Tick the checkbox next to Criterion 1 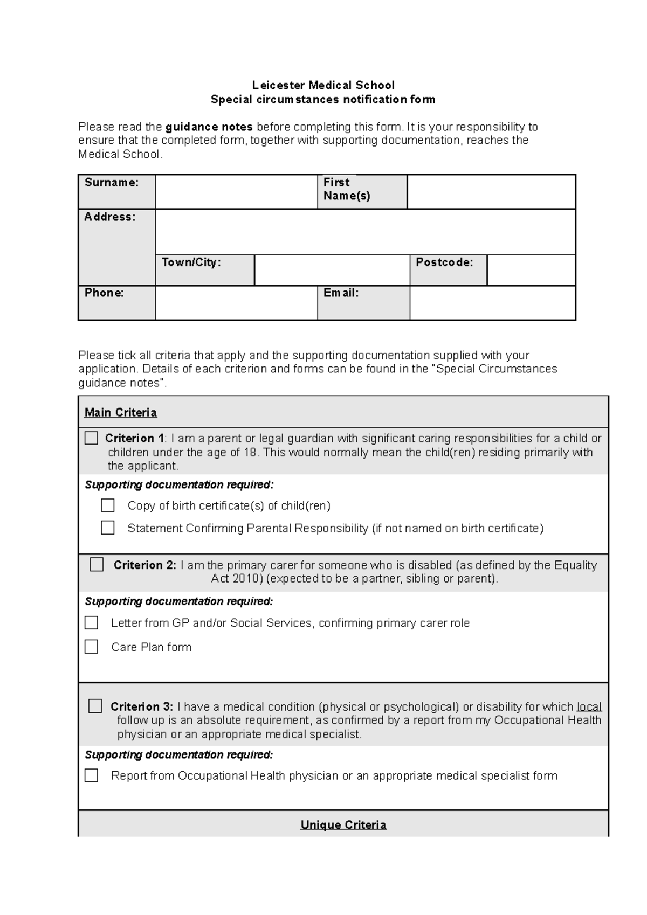coord(91,438)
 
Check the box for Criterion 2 coord(97,564)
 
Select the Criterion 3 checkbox coord(95,706)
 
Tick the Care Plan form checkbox coord(91,647)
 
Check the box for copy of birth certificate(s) coord(108,505)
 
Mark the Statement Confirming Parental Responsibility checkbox coord(108,528)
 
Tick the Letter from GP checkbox coord(91,622)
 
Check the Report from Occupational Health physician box coord(91,775)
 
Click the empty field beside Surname coord(236,191)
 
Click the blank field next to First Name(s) coord(491,191)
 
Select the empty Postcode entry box coord(531,270)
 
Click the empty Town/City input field coord(332,270)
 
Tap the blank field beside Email coord(492,302)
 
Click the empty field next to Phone coord(236,302)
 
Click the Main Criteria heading coord(121,413)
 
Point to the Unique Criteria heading coord(343,825)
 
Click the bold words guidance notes coord(209,127)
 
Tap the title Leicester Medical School coord(323,85)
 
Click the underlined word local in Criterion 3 coord(589,706)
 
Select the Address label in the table coord(109,217)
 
